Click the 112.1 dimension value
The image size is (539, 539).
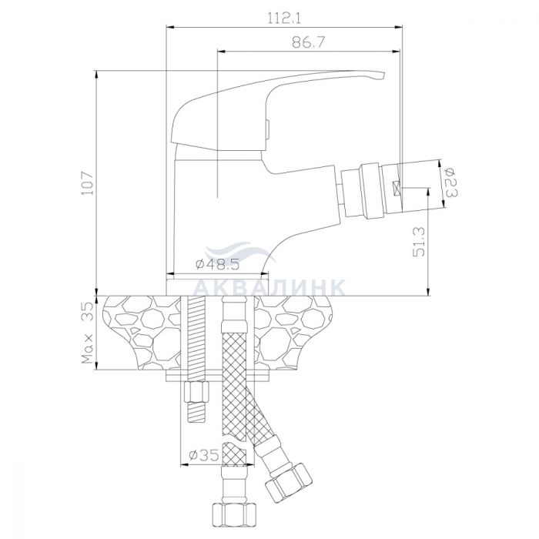coord(284,18)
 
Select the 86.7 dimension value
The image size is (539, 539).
coord(308,42)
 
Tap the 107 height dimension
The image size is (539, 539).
coord(87,182)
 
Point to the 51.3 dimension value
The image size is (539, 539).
coord(418,242)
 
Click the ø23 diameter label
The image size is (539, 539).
coord(450,182)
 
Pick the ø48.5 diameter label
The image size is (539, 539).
coord(217,264)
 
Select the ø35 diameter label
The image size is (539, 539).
coord(204,456)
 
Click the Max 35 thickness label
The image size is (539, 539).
coord(87,333)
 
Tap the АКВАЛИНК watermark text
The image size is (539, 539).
coord(269,287)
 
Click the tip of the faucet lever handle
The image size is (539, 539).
coord(384,75)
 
